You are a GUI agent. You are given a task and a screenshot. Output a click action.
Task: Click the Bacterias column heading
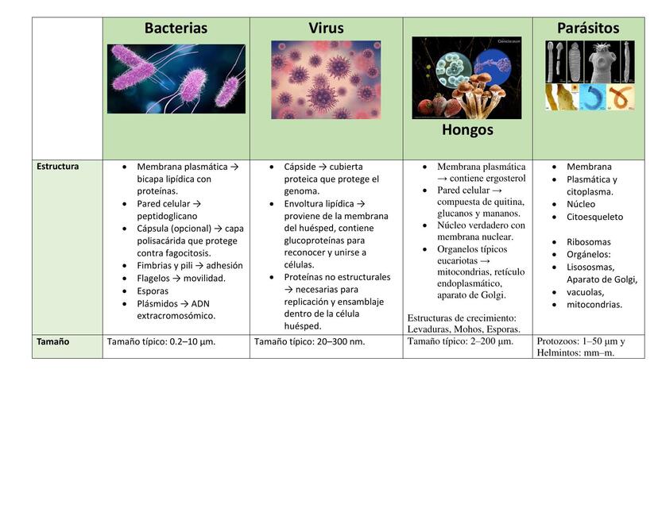[x=176, y=28]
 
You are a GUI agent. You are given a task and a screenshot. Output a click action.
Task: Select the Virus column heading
[x=326, y=28]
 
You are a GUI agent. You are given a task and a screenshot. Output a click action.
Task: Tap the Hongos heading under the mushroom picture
[x=467, y=130]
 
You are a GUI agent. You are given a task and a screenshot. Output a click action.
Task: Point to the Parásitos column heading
[x=588, y=28]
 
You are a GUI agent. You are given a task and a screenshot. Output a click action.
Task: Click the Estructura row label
[x=57, y=167]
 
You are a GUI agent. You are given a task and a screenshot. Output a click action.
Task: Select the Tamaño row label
[x=53, y=341]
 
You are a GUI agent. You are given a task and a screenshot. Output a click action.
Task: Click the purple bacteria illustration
[x=176, y=79]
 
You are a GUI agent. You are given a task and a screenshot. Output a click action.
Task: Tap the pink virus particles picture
[x=326, y=79]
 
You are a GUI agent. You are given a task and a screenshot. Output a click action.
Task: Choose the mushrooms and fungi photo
[x=466, y=78]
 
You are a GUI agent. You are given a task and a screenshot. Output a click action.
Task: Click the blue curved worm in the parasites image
[x=593, y=98]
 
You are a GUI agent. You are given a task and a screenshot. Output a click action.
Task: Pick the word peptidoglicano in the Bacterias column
[x=167, y=216]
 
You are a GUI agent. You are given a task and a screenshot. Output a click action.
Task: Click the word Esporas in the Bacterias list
[x=153, y=291]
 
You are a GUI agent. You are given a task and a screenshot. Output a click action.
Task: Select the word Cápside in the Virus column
[x=300, y=167]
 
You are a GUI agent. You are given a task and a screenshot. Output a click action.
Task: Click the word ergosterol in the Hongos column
[x=506, y=179]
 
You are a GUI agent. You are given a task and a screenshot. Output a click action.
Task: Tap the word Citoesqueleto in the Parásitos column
[x=594, y=217]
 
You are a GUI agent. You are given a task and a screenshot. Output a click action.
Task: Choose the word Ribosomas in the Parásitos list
[x=588, y=242]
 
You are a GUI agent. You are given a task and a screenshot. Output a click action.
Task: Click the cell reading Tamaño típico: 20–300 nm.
[x=309, y=341]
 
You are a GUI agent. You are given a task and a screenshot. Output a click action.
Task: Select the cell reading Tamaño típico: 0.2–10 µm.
[x=161, y=341]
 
